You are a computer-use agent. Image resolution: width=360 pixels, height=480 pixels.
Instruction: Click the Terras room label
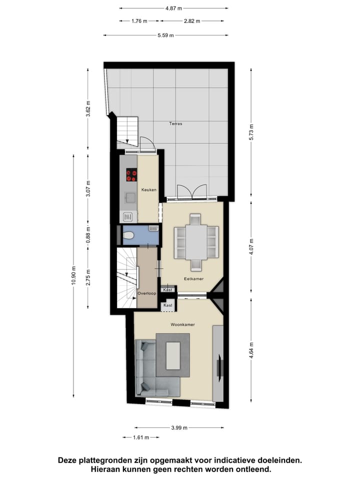174,123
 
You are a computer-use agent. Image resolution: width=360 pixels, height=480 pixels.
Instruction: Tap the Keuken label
148,190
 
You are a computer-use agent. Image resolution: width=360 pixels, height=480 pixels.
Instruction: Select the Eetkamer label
193,279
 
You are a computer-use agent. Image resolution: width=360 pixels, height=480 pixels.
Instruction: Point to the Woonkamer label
182,324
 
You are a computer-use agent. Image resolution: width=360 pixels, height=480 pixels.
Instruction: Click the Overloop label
147,293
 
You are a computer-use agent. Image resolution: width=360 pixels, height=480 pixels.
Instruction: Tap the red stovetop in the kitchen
131,175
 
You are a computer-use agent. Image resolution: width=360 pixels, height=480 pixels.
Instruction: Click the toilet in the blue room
129,235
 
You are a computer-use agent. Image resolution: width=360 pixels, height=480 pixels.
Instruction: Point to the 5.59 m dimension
165,35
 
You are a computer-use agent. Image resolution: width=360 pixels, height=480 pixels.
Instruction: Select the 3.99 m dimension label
178,427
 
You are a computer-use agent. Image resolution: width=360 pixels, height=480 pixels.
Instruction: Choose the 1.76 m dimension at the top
139,21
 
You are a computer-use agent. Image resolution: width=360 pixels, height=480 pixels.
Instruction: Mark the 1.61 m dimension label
140,437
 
